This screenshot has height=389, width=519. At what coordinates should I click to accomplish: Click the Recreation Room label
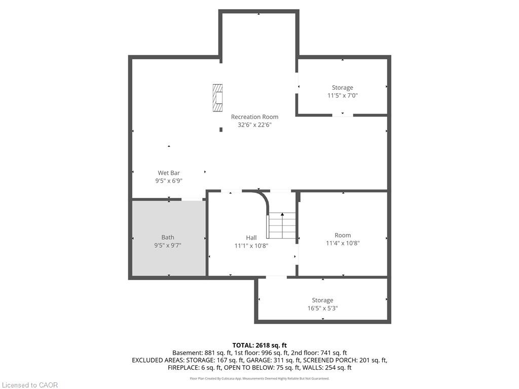254,117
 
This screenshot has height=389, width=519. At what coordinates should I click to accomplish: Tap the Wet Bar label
169,173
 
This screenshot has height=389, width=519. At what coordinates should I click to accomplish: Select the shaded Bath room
169,238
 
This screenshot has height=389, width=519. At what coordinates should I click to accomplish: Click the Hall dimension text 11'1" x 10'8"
251,246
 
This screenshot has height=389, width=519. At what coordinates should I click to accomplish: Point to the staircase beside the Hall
282,225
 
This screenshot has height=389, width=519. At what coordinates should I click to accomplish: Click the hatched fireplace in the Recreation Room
217,98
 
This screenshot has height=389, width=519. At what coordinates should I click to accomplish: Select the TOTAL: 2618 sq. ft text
259,345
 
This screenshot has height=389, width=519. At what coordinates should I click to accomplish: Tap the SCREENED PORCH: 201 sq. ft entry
345,360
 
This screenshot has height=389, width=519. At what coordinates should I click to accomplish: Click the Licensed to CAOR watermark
30,385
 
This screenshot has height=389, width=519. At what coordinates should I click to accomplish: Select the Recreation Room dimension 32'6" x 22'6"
254,125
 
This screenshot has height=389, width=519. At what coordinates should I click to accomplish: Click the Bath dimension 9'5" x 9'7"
168,246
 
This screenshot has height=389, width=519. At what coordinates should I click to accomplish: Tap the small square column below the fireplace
221,129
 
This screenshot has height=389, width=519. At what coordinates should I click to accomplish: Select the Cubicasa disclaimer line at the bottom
259,378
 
